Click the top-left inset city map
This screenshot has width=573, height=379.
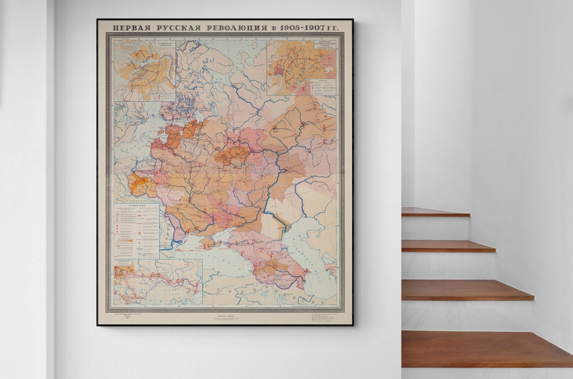pyautogui.click(x=144, y=70)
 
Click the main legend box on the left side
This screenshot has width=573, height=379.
pyautogui.click(x=136, y=230)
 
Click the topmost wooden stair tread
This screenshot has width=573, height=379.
pyautogui.click(x=435, y=212)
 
